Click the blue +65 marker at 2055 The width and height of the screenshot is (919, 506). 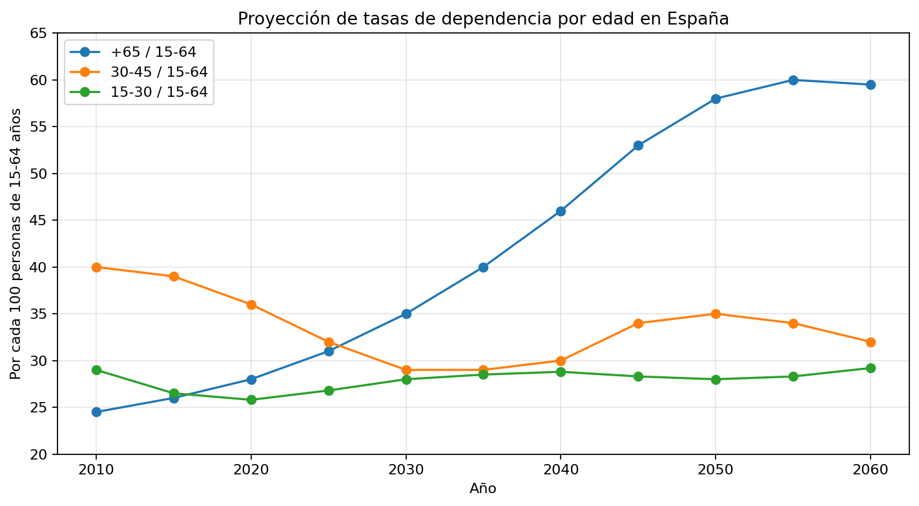tap(793, 80)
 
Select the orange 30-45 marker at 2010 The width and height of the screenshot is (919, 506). tap(96, 267)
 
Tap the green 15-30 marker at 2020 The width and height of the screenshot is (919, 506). tap(251, 400)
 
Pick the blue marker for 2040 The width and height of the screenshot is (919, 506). tap(561, 211)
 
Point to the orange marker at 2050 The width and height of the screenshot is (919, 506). tap(716, 314)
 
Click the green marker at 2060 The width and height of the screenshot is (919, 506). tap(871, 369)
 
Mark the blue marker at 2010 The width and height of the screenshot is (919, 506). tap(96, 412)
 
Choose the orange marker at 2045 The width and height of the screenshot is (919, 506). tap(638, 323)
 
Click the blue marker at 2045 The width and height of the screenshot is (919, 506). tap(638, 146)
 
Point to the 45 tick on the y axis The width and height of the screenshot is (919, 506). tap(55, 220)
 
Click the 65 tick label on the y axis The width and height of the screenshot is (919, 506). tap(39, 33)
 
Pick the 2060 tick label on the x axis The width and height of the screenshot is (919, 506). tap(871, 470)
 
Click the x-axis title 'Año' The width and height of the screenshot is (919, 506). tap(483, 489)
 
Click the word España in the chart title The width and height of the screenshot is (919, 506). tap(697, 19)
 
